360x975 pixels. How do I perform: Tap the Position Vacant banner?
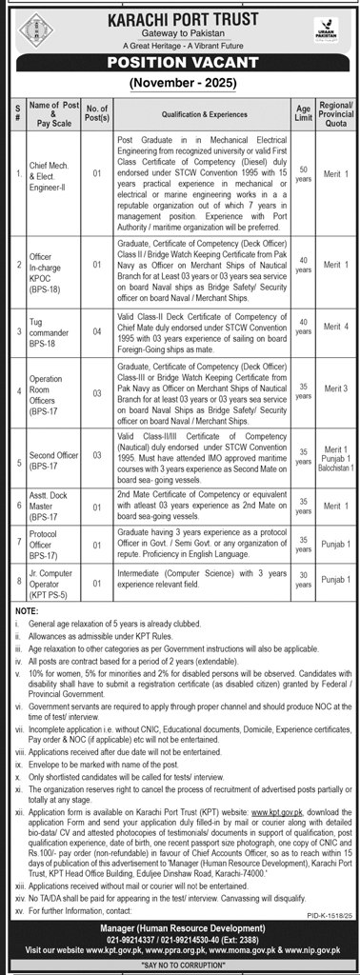pyautogui.click(x=180, y=68)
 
